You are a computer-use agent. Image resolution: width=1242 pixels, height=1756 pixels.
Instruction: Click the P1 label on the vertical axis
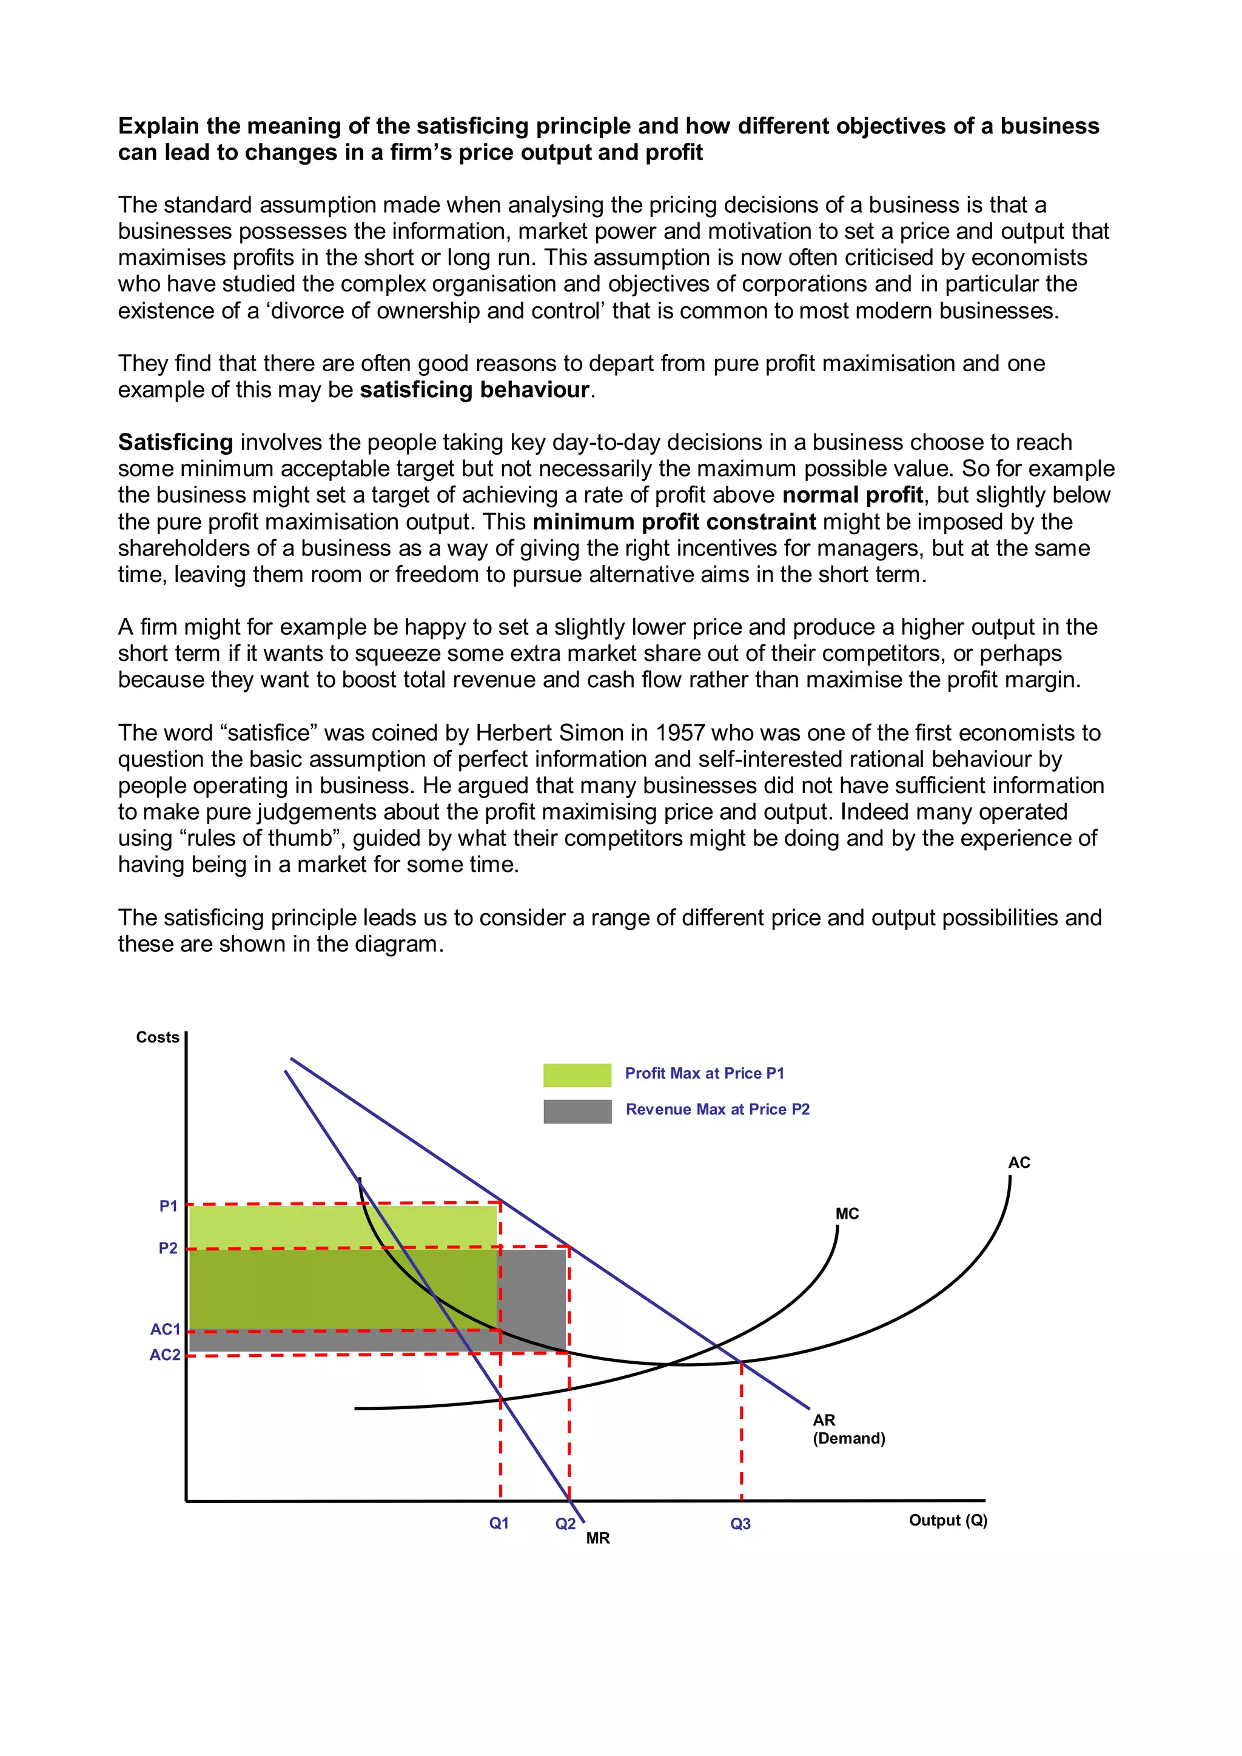tap(168, 1206)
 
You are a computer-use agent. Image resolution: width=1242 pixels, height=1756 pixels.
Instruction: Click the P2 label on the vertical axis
tap(168, 1248)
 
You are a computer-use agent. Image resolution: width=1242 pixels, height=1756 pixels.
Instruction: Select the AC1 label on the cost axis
tap(165, 1329)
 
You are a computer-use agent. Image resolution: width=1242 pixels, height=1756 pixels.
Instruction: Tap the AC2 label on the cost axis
tap(165, 1355)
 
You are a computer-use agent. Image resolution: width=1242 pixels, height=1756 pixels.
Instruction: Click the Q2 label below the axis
tap(565, 1524)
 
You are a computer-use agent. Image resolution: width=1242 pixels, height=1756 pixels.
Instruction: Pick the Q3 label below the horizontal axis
tap(740, 1524)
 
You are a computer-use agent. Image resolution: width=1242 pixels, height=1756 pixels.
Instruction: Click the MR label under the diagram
tap(598, 1538)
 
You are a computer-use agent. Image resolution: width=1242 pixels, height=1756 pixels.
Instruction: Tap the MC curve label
tap(847, 1214)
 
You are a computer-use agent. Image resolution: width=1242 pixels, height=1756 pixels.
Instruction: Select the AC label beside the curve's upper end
tap(1019, 1162)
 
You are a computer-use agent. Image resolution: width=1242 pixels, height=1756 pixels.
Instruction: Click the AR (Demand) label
tap(848, 1429)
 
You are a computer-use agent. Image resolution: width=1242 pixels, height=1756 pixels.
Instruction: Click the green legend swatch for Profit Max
tap(577, 1074)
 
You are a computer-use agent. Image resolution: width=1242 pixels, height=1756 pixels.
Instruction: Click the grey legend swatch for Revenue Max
tap(577, 1111)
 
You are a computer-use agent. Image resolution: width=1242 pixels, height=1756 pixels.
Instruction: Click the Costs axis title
tap(158, 1037)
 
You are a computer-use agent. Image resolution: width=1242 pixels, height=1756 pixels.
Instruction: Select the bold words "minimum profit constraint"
tap(674, 521)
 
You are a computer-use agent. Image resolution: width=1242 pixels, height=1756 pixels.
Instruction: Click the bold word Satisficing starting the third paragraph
tap(175, 442)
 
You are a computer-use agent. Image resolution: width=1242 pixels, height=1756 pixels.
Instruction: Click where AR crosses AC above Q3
tap(741, 1362)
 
